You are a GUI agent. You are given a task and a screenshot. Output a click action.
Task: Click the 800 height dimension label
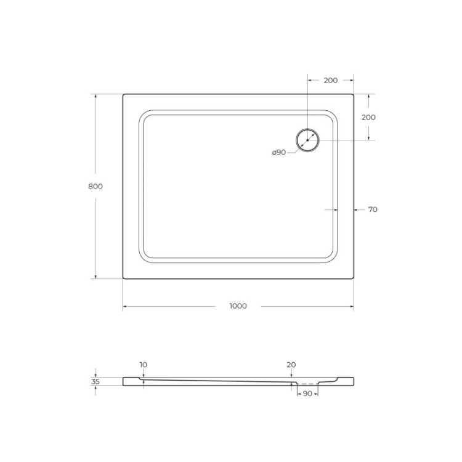[x=95, y=186]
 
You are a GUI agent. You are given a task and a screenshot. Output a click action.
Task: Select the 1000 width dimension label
[x=238, y=306]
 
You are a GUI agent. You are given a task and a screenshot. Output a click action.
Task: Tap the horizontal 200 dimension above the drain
[x=330, y=81]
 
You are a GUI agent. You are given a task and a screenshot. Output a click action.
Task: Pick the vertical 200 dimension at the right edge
[x=368, y=117]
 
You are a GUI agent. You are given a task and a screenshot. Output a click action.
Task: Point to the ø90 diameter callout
[x=279, y=153]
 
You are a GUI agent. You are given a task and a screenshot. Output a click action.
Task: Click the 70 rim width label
[x=372, y=209]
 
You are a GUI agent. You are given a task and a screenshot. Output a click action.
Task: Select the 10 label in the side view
[x=143, y=365]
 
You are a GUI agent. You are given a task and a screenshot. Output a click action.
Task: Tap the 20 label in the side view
[x=291, y=365]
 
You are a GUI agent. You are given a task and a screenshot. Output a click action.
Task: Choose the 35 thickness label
[x=95, y=381]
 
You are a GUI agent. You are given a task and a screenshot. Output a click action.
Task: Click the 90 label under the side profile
[x=307, y=393]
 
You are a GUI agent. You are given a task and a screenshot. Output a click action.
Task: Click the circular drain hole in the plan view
[x=307, y=140]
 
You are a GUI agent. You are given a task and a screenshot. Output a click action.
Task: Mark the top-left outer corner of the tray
[x=123, y=94]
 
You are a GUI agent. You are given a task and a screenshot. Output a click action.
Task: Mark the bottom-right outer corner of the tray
[x=353, y=278]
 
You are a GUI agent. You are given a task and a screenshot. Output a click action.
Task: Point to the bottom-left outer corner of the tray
[x=123, y=278]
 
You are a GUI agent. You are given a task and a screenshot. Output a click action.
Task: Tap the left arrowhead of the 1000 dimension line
[x=125, y=306]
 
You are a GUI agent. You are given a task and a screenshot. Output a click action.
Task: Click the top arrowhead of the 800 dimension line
[x=95, y=96]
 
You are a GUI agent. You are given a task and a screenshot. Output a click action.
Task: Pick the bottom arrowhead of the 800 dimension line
[x=95, y=277]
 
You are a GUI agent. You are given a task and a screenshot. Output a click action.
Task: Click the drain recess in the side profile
[x=306, y=384]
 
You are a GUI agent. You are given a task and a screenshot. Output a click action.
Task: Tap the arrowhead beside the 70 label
[x=355, y=209]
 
